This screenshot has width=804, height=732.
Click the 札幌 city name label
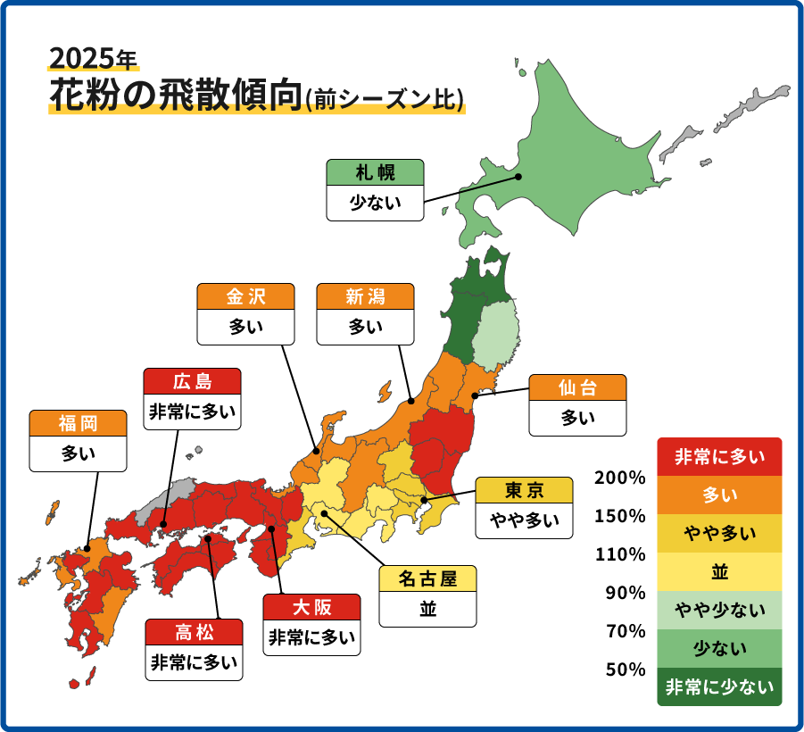pyautogui.click(x=375, y=172)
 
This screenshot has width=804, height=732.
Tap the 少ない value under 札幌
pyautogui.click(x=375, y=204)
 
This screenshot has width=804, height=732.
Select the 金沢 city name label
pyautogui.click(x=246, y=297)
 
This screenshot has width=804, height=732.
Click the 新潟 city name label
pyautogui.click(x=366, y=297)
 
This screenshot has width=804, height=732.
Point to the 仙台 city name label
pyautogui.click(x=577, y=387)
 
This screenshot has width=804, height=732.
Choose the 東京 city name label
pyautogui.click(x=524, y=490)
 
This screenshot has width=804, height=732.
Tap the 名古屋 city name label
pyautogui.click(x=427, y=579)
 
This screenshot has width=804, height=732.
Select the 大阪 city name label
pyautogui.click(x=312, y=607)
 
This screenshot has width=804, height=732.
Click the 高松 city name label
pyautogui.click(x=195, y=633)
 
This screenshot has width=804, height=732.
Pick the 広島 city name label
pyautogui.click(x=192, y=382)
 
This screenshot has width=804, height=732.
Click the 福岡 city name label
pyautogui.click(x=78, y=423)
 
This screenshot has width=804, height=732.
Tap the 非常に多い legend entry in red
pyautogui.click(x=719, y=457)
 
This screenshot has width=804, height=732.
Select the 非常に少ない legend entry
pyautogui.click(x=719, y=687)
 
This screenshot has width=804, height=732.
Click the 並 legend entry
pyautogui.click(x=719, y=572)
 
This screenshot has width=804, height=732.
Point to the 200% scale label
pyautogui.click(x=620, y=478)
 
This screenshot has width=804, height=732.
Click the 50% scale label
pyautogui.click(x=626, y=670)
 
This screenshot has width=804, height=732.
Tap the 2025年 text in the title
pyautogui.click(x=93, y=59)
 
